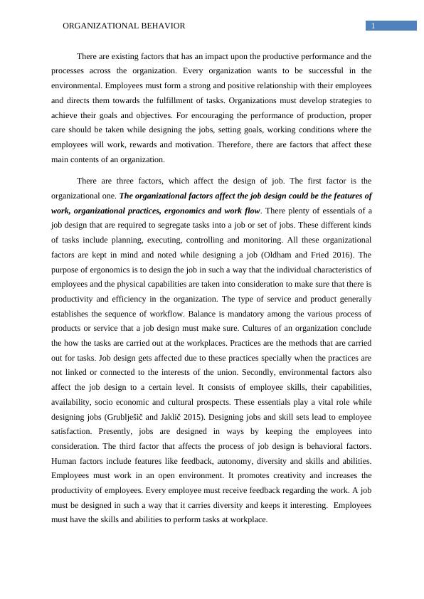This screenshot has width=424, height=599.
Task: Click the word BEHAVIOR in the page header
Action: (x=159, y=26)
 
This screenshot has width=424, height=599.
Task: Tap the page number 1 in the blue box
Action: (x=372, y=26)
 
